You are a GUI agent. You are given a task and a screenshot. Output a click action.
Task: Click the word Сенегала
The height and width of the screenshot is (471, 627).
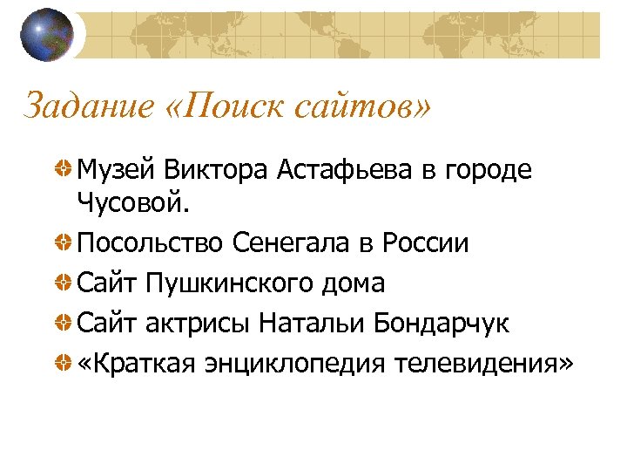292,243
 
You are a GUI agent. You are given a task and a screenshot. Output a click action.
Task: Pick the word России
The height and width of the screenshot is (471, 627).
426,243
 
